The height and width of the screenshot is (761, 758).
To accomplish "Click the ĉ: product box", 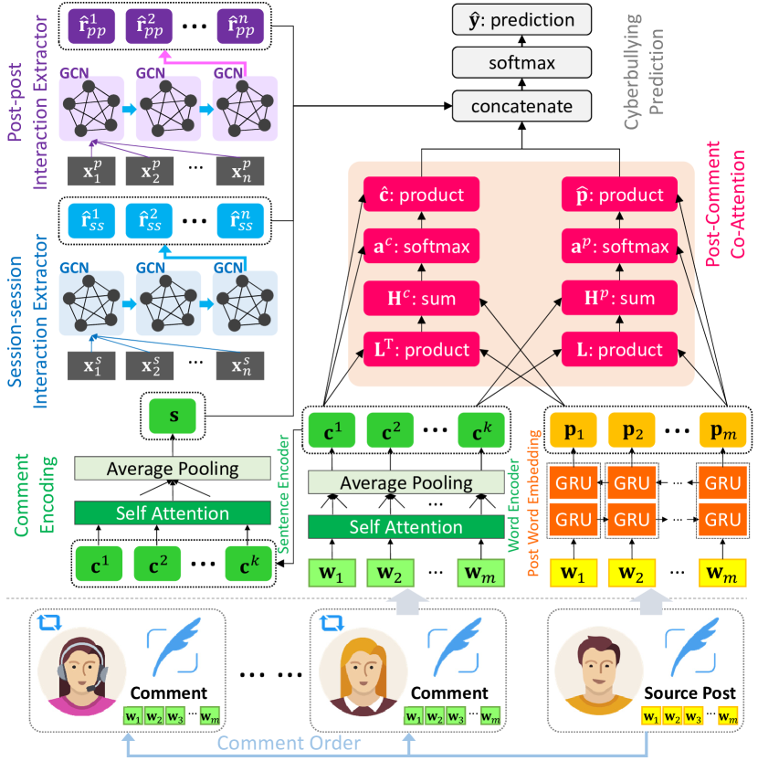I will coord(422,196).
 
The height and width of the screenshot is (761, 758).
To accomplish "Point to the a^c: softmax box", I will coord(422,247).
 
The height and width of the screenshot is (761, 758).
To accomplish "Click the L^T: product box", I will coord(422,349).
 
